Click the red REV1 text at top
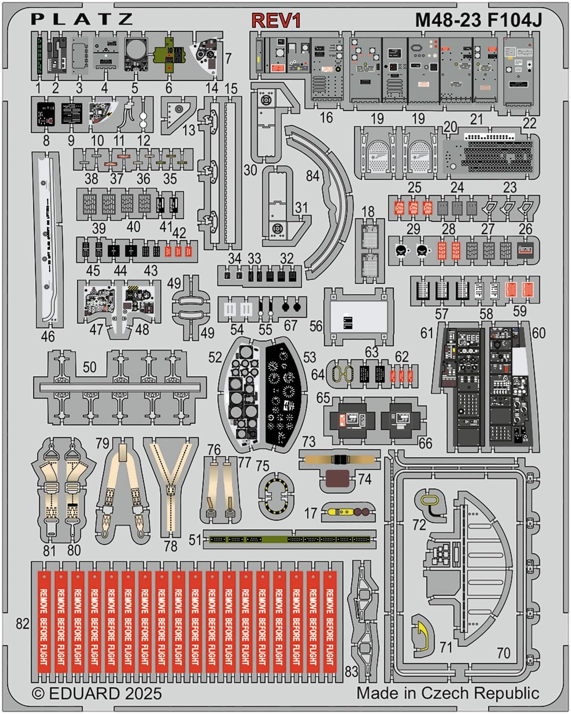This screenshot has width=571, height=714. click(x=276, y=20)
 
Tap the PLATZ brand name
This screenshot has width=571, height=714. click(x=82, y=19)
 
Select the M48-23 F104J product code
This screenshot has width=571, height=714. click(x=478, y=20)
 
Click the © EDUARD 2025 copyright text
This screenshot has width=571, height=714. click(x=97, y=693)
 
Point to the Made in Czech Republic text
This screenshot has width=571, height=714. click(x=448, y=693)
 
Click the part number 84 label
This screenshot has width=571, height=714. click(x=312, y=176)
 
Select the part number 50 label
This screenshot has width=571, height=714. click(x=90, y=367)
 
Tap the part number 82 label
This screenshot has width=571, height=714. click(x=22, y=624)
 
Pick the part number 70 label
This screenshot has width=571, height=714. click(x=503, y=653)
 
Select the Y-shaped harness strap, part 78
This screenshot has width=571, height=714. click(x=170, y=486)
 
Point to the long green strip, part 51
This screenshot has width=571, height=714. click(x=289, y=539)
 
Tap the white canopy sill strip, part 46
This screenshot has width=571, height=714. click(x=48, y=240)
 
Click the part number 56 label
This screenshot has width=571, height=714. click(x=316, y=326)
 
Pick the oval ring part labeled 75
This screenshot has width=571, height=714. click(x=276, y=496)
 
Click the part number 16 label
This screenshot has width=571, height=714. click(x=326, y=118)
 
